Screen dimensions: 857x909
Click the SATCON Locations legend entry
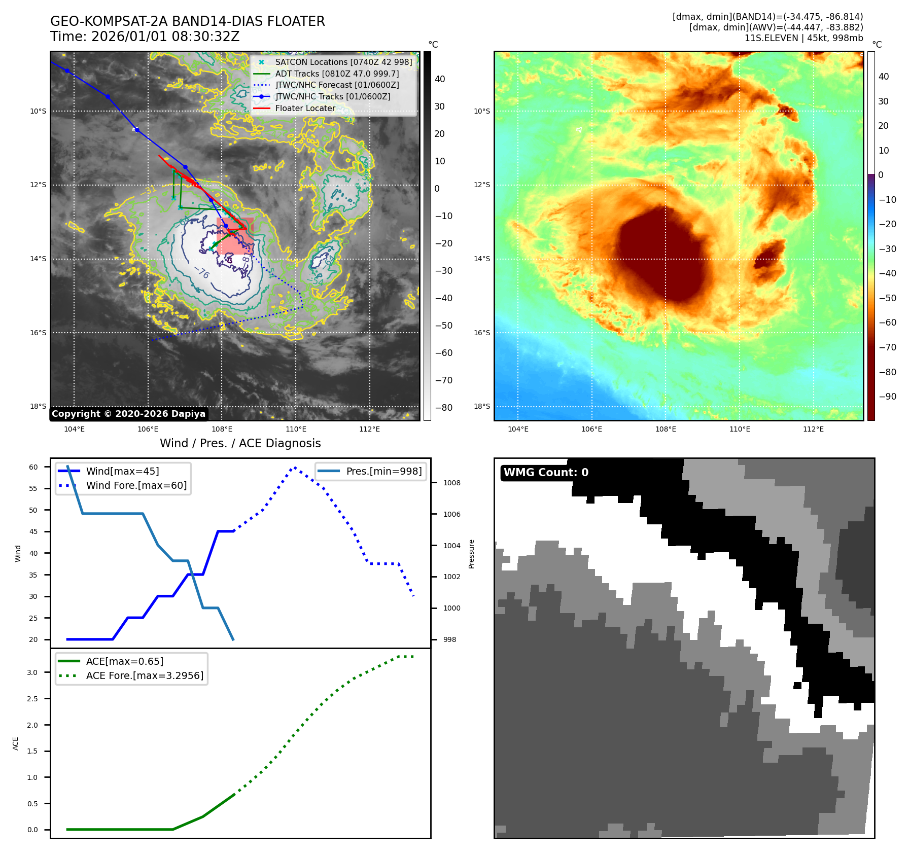click(x=343, y=62)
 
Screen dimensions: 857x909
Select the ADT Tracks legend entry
click(x=337, y=74)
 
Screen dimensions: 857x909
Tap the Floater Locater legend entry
click(x=305, y=108)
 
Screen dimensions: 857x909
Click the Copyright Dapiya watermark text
click(x=128, y=414)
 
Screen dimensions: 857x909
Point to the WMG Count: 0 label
click(x=546, y=473)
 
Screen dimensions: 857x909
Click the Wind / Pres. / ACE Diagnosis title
click(x=240, y=443)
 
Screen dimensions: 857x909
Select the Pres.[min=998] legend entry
click(x=383, y=471)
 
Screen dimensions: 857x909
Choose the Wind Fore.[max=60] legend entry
click(x=136, y=485)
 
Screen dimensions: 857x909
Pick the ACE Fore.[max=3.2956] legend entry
click(x=145, y=675)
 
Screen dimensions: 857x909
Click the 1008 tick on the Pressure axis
click(x=451, y=483)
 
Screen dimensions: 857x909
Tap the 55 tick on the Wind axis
click(x=33, y=488)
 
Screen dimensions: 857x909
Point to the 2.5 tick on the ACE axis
click(x=32, y=699)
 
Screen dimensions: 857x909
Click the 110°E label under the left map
click(x=296, y=429)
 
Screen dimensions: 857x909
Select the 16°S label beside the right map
click(x=482, y=333)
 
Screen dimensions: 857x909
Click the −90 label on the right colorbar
click(x=887, y=397)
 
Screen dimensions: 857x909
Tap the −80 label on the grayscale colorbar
click(x=443, y=408)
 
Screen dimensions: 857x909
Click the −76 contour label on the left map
click(x=201, y=273)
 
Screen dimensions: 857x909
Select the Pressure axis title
click(x=471, y=554)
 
